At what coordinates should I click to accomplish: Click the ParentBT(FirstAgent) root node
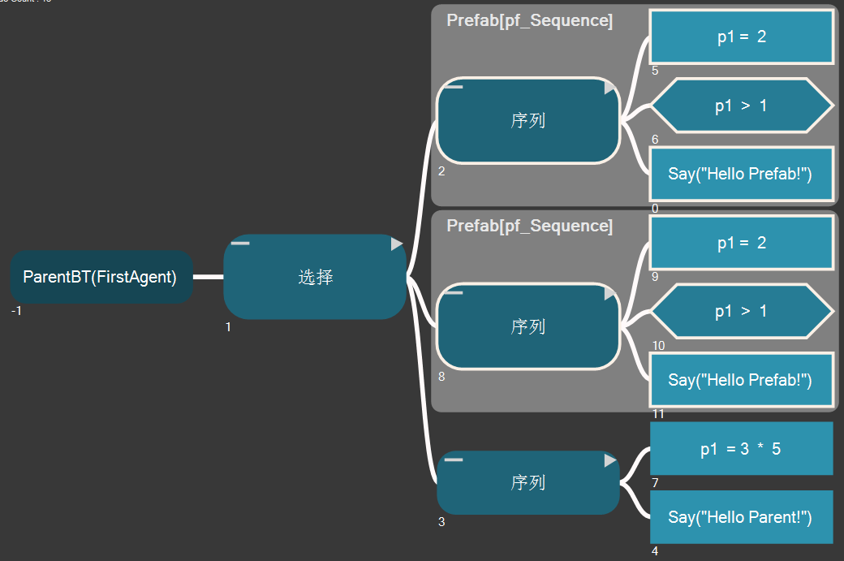[x=101, y=277]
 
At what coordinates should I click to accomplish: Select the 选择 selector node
[x=315, y=277]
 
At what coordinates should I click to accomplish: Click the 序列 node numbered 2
[x=527, y=121]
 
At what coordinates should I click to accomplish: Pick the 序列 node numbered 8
[x=527, y=326]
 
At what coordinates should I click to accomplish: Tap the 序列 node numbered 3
[x=527, y=482]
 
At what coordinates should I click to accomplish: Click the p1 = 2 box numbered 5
[x=742, y=37]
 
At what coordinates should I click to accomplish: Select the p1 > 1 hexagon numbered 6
[x=742, y=106]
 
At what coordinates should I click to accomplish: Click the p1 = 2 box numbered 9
[x=742, y=243]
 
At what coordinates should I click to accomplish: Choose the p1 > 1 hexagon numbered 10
[x=742, y=311]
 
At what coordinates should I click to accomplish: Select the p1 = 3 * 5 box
[x=742, y=448]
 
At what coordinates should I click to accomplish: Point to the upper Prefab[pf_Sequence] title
[x=529, y=20]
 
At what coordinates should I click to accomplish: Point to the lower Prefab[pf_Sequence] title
[x=529, y=226]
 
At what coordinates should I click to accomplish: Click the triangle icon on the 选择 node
[x=396, y=244]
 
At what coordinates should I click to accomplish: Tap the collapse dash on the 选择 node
[x=240, y=243]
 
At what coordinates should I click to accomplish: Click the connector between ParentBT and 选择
[x=208, y=277]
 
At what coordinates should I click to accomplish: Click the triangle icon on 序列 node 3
[x=610, y=460]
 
